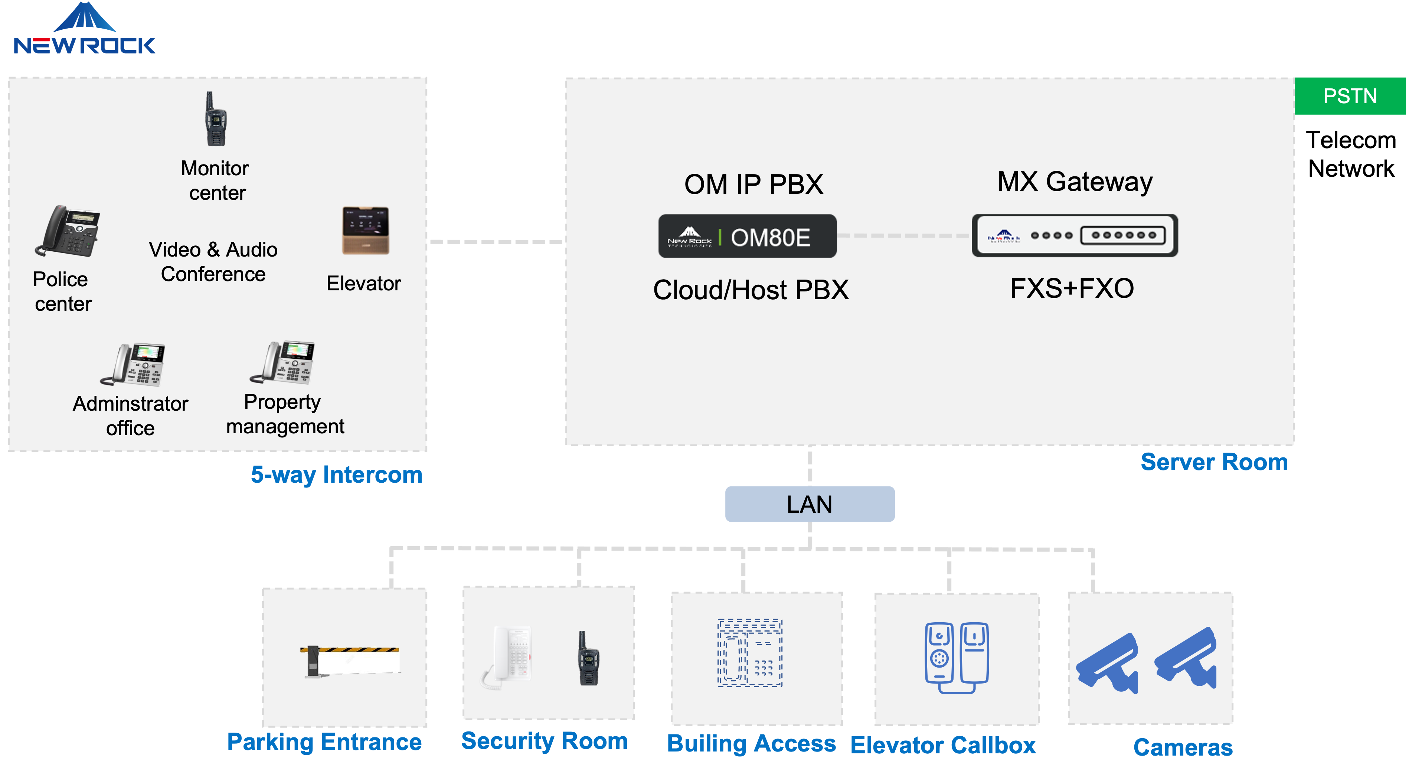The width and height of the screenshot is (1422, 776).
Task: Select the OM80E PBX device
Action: [x=748, y=237]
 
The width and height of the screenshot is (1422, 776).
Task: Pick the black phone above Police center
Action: [x=68, y=231]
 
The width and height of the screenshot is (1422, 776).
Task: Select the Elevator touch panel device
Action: [x=366, y=230]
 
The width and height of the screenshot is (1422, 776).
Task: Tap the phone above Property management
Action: [x=282, y=362]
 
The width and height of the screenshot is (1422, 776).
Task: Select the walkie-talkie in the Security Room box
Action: [x=588, y=658]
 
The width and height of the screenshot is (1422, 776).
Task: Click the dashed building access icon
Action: [x=750, y=653]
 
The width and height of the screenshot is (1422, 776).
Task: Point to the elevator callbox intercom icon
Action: [x=956, y=657]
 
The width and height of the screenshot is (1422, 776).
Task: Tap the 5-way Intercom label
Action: [x=336, y=475]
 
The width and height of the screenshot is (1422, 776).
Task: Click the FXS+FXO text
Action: [x=1072, y=288]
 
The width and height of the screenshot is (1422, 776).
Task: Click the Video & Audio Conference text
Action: [x=213, y=262]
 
